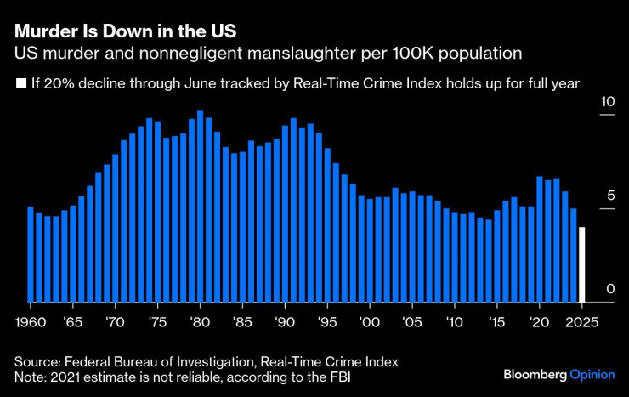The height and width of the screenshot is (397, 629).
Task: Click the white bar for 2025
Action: click(582, 264)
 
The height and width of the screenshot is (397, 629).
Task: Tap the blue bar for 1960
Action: click(31, 254)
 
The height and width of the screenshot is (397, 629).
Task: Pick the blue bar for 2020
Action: click(540, 239)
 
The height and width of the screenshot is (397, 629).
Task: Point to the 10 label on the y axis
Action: click(607, 102)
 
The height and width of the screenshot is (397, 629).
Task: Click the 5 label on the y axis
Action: click(610, 196)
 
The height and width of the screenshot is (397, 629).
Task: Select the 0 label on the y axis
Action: click(610, 290)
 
